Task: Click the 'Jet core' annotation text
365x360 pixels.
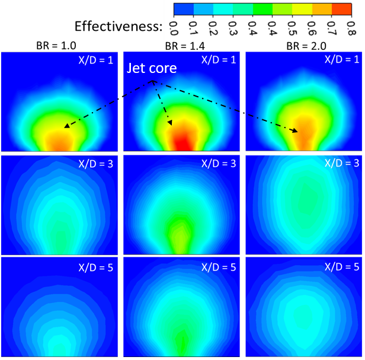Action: click(x=153, y=68)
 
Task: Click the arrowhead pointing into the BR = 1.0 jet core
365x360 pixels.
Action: click(x=66, y=126)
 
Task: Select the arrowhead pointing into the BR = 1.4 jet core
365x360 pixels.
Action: click(x=171, y=123)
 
